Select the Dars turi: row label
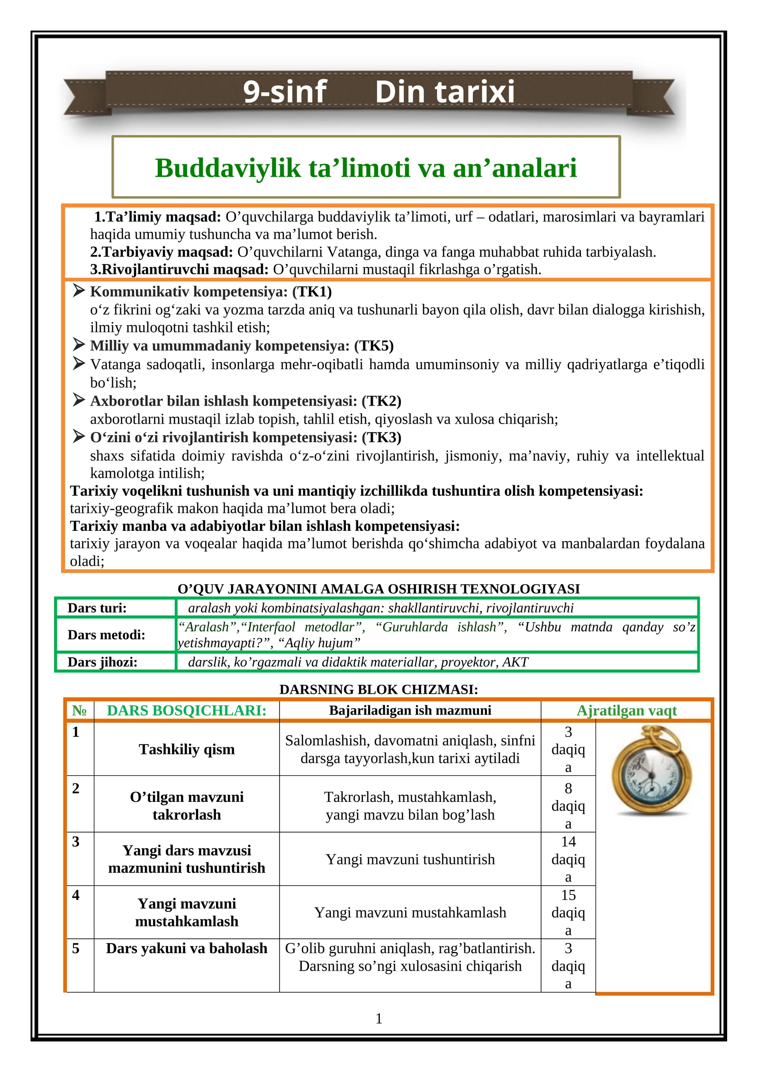click(x=97, y=608)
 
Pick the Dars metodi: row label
click(x=106, y=635)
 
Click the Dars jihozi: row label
click(x=102, y=662)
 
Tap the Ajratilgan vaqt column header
click(x=626, y=710)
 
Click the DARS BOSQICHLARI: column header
click(x=187, y=710)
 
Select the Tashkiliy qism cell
click(x=187, y=749)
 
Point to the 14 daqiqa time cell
click(x=568, y=859)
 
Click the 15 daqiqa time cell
click(x=568, y=912)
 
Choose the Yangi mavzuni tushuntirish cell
click(x=410, y=859)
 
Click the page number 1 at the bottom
click(x=379, y=1018)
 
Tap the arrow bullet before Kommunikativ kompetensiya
click(x=79, y=291)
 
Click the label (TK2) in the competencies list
click(x=381, y=401)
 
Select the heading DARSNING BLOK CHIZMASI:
click(x=379, y=689)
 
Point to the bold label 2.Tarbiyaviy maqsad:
click(x=161, y=252)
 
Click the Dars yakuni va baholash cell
click(x=187, y=948)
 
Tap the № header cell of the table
click(x=80, y=710)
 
